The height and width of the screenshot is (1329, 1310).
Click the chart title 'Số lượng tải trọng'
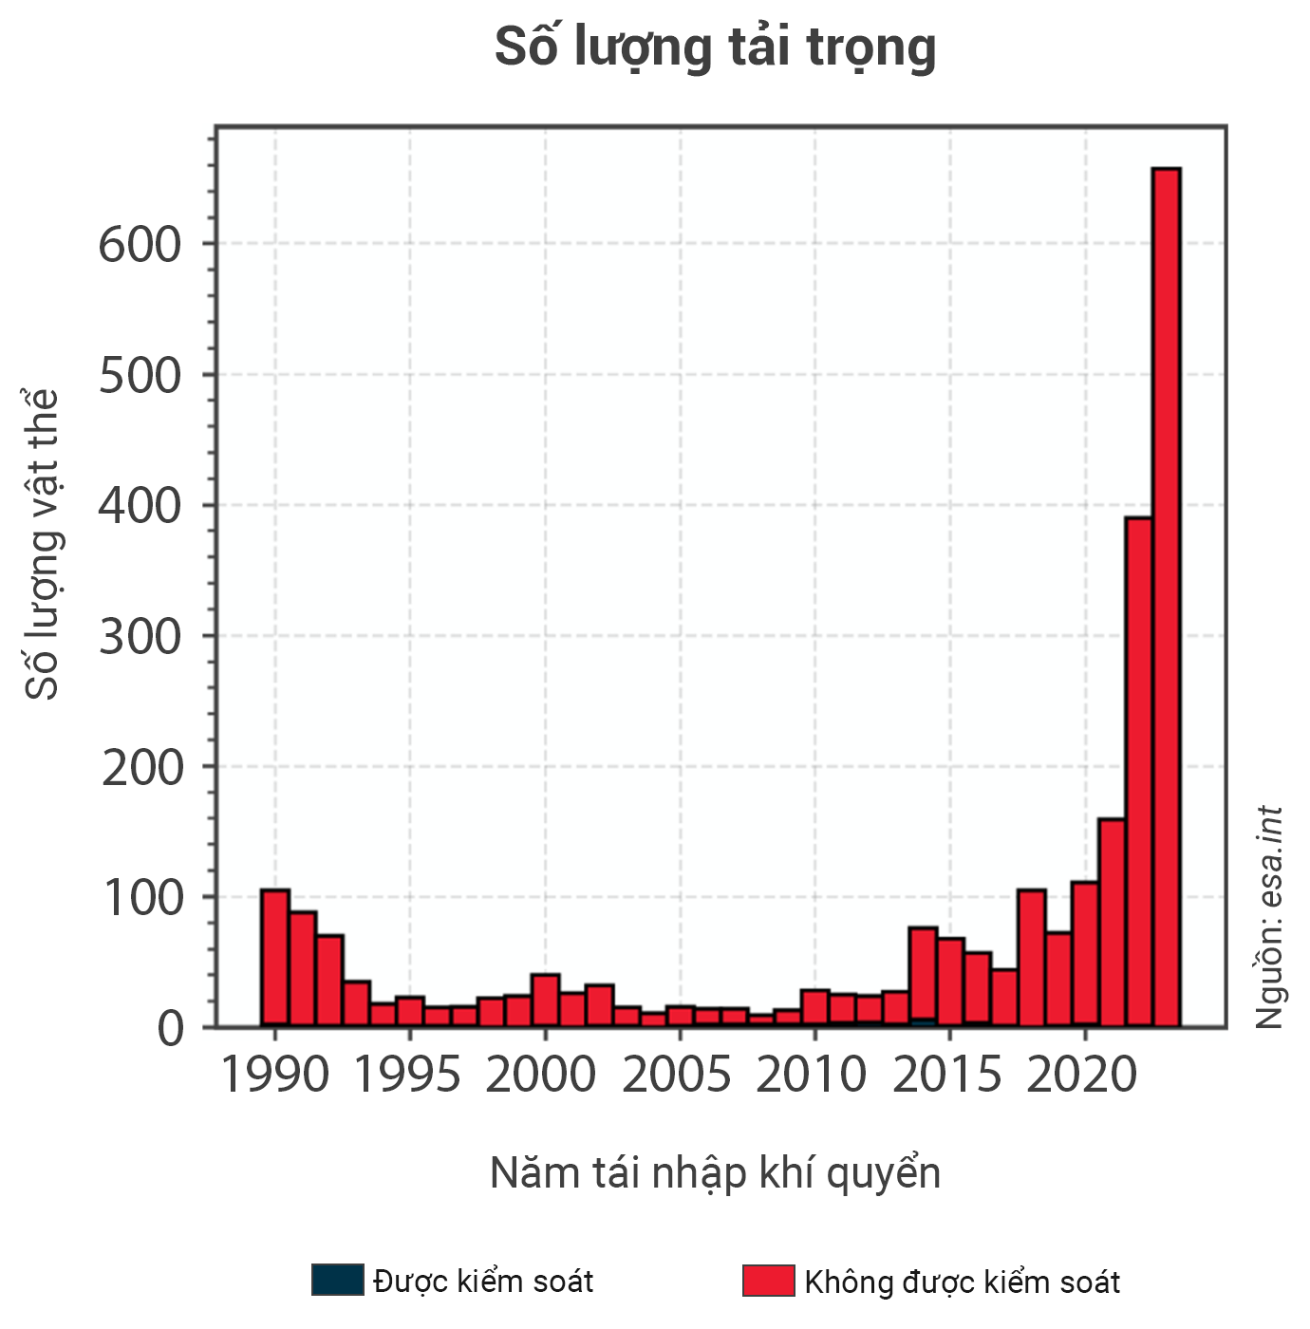pos(715,47)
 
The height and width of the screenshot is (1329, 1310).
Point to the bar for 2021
pos(1112,921)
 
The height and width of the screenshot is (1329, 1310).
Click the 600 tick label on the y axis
pos(140,245)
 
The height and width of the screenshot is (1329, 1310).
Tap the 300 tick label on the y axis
pos(140,637)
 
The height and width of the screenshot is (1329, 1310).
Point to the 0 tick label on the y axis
pos(170,1029)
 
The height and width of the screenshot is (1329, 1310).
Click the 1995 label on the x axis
pos(408,1076)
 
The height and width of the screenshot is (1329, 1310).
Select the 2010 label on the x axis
pos(813,1076)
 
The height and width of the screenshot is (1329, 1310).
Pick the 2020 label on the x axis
pos(1082,1076)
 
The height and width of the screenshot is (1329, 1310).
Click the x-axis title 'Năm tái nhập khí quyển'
pos(715,1173)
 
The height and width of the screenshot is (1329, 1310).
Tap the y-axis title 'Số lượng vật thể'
pos(43,543)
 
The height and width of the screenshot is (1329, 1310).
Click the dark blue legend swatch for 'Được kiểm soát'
pos(337,1281)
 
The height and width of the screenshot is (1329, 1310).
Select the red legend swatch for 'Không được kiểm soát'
pos(769,1281)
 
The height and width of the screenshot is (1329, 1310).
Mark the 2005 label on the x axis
pos(678,1076)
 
